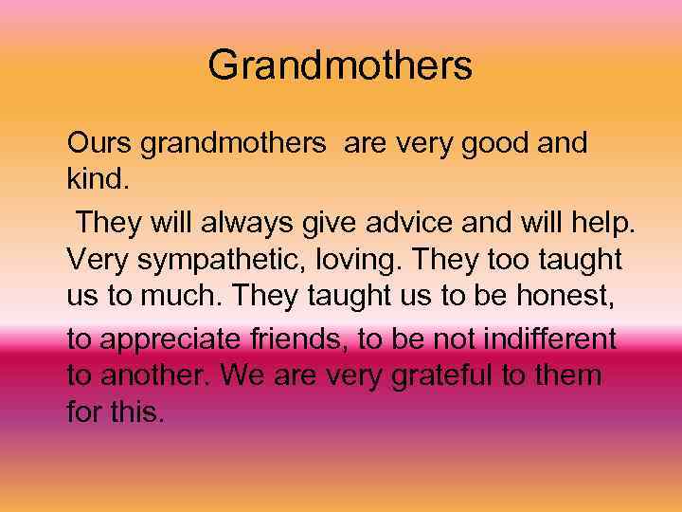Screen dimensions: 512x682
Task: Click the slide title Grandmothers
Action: coord(340,65)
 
